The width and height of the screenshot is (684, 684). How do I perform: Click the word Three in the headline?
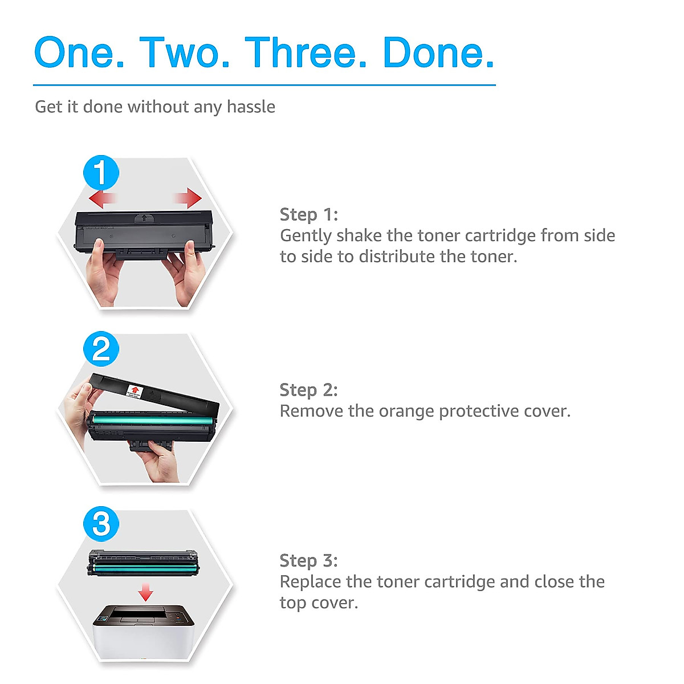[x=300, y=52]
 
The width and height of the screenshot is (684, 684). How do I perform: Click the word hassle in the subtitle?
[x=251, y=107]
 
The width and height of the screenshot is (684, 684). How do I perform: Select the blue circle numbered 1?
[x=101, y=172]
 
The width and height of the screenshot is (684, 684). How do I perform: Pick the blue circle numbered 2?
[x=101, y=348]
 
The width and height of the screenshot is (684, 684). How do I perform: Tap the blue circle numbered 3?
[x=101, y=524]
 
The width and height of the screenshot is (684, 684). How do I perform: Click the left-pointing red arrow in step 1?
[x=103, y=198]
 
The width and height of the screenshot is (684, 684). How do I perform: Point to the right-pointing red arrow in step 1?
[x=188, y=198]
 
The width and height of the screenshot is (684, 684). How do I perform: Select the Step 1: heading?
[x=309, y=214]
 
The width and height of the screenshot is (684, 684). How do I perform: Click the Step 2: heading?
[x=309, y=390]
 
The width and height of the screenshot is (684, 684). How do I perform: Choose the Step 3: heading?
[x=309, y=560]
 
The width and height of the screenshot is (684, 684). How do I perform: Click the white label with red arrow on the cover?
[x=135, y=391]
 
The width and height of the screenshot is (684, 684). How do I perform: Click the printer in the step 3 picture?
[x=144, y=633]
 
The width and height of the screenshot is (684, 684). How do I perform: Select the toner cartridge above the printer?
[x=142, y=563]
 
